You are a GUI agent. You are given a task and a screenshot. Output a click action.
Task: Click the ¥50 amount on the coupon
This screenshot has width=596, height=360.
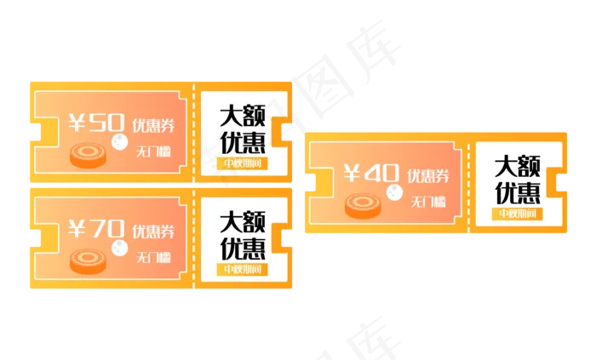pos(95,124)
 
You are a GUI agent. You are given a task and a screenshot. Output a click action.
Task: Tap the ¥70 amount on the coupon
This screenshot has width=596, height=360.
pos(95,229)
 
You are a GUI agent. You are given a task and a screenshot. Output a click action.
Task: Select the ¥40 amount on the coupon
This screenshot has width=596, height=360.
pos(370,174)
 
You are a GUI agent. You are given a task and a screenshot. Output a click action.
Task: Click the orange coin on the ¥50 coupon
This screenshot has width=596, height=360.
pos(88,155)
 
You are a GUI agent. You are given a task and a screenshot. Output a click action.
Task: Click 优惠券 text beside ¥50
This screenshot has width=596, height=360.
pos(153,127)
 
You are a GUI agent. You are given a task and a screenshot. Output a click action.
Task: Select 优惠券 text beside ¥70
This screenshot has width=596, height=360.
pos(153,231)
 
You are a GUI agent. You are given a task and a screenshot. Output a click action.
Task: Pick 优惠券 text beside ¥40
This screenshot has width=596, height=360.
pos(428,176)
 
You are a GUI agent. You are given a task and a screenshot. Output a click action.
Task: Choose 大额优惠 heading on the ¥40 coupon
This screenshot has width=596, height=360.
pos(518,177)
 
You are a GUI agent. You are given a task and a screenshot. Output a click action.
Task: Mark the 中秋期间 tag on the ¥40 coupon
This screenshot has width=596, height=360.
pos(518,213)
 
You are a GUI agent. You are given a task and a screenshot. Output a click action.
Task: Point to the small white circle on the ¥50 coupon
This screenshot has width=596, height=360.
pos(118,142)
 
